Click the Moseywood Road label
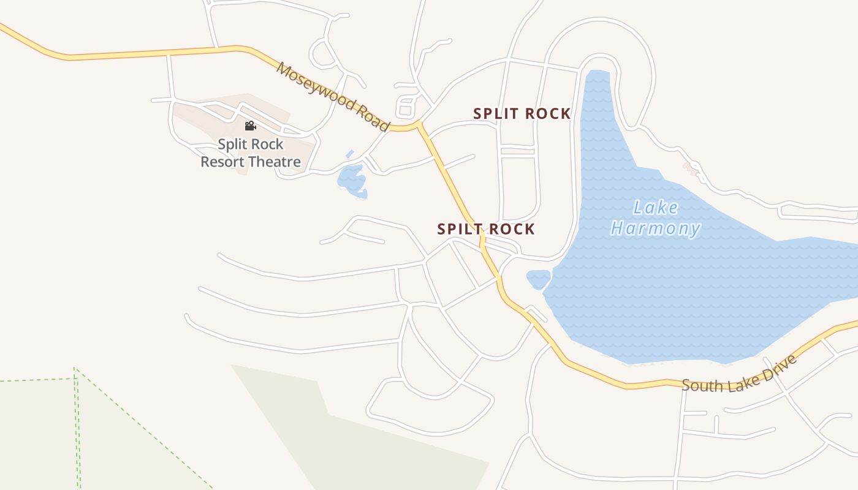[333, 96]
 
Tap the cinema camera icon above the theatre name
[250, 126]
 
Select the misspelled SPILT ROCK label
[486, 229]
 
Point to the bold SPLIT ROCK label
[522, 113]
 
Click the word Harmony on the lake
[656, 229]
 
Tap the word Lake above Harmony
[656, 208]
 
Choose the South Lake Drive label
[740, 374]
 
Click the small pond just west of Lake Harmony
[538, 279]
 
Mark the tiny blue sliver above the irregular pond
[349, 154]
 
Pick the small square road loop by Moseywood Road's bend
[405, 106]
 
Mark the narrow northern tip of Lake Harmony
[598, 77]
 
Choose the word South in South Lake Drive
[702, 385]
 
